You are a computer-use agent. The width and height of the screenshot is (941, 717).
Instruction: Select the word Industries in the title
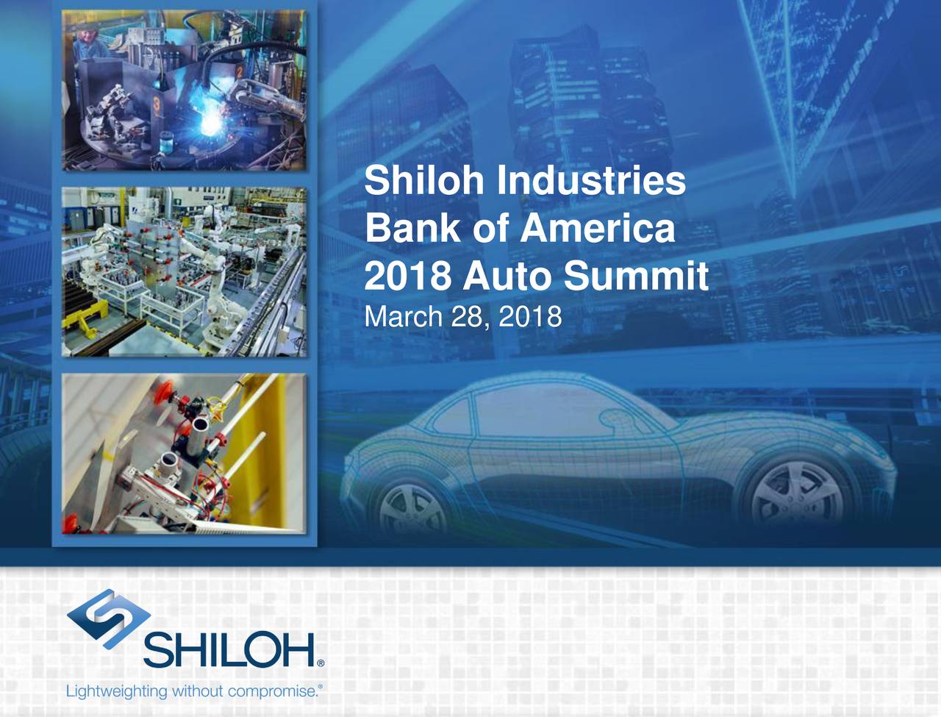pyautogui.click(x=591, y=180)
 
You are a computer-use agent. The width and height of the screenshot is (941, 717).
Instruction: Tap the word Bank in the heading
pyautogui.click(x=412, y=228)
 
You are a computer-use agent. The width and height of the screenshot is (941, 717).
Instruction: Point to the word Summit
pyautogui.click(x=636, y=277)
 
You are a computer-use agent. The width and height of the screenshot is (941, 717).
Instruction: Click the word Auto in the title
pyautogui.click(x=507, y=277)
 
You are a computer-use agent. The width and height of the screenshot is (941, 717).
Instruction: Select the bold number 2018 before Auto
pyautogui.click(x=408, y=277)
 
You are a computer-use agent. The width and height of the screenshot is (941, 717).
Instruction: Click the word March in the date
pyautogui.click(x=403, y=317)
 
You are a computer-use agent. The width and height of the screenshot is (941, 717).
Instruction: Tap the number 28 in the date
pyautogui.click(x=468, y=317)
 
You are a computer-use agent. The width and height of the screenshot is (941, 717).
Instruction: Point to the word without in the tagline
pyautogui.click(x=198, y=692)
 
